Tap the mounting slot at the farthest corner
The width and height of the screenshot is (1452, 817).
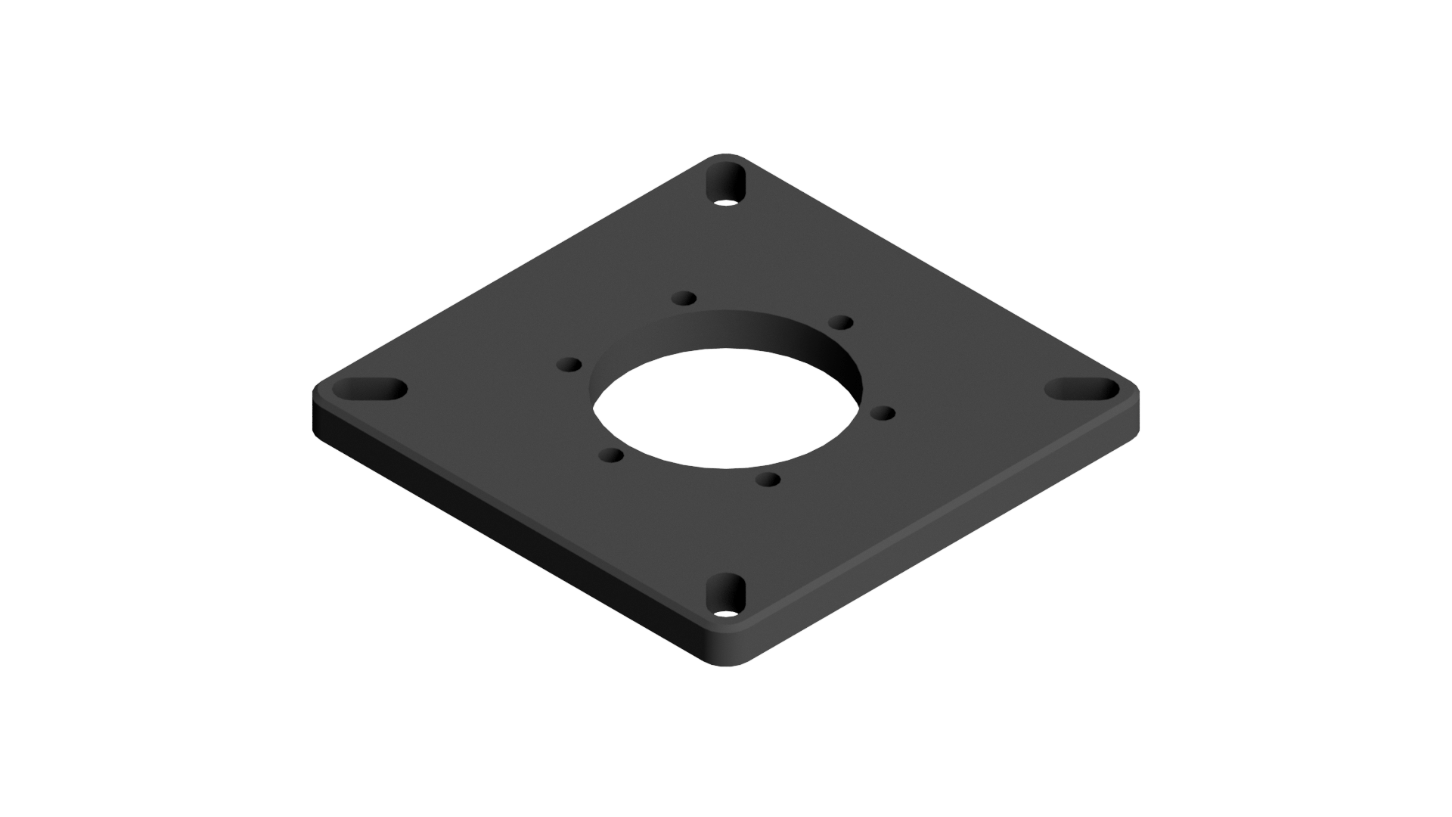pos(726,185)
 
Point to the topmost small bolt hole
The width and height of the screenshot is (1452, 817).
pos(684,297)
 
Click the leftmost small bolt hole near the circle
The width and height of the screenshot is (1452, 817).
pos(569,365)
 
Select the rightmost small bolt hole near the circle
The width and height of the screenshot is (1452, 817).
pos(883,413)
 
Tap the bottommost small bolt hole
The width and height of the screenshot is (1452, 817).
pos(768,480)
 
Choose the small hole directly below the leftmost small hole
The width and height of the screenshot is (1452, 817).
pos(610,455)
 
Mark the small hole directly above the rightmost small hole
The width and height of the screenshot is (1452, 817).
pos(840,323)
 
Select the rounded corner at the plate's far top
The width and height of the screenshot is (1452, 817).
pos(726,157)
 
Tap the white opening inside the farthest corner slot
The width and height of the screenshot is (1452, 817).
pos(726,203)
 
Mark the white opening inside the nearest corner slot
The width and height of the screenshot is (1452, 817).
pos(726,614)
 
